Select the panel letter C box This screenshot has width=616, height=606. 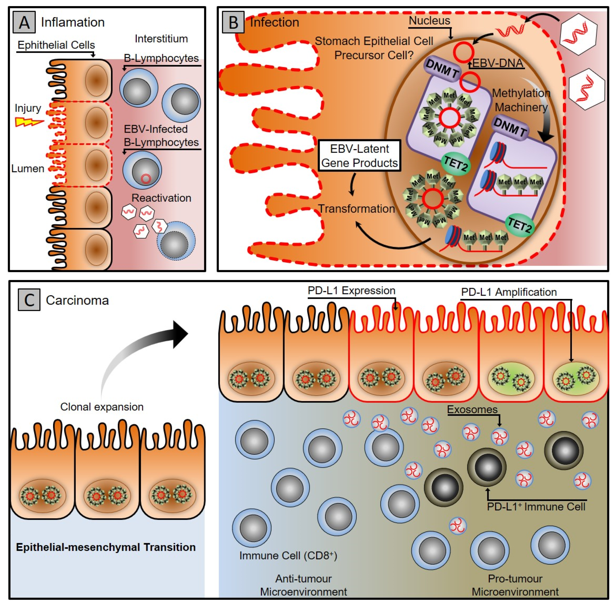(29, 300)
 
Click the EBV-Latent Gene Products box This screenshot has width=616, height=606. (359, 156)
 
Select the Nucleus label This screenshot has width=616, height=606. (429, 21)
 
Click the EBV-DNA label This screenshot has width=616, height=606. (498, 63)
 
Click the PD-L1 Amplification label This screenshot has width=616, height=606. (509, 292)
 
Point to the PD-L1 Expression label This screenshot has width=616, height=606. (351, 291)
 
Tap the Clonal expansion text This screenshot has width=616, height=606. (102, 407)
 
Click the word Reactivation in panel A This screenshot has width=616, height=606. (161, 198)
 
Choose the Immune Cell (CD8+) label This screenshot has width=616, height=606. (288, 556)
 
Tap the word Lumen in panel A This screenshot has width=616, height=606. (28, 168)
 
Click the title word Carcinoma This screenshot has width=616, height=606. (77, 300)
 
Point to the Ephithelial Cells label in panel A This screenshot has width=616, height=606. (56, 45)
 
